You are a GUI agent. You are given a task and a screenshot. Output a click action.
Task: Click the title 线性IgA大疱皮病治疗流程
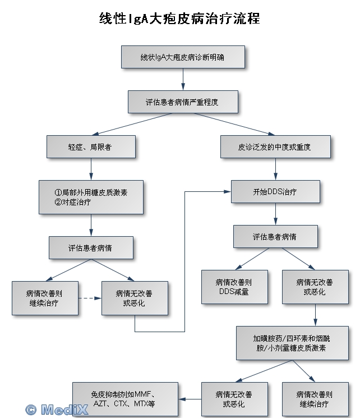(179, 19)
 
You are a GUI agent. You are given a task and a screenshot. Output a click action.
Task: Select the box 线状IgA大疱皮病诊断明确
(183, 57)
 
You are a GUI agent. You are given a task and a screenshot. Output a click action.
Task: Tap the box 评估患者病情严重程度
(183, 102)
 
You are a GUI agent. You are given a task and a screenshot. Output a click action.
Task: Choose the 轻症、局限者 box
(91, 146)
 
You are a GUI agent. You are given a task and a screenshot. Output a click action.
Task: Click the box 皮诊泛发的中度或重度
(275, 146)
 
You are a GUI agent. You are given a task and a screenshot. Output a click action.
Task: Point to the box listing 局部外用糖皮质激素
(91, 197)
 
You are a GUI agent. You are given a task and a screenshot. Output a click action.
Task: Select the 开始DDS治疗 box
(275, 191)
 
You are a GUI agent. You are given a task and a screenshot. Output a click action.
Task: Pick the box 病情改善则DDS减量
(234, 287)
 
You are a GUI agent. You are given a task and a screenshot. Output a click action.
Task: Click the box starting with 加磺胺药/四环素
(292, 343)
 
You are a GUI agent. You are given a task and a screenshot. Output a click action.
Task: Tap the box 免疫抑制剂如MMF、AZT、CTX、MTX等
(125, 399)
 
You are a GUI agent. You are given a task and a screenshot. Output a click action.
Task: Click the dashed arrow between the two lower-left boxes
(90, 298)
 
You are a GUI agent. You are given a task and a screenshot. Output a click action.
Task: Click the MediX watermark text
(64, 410)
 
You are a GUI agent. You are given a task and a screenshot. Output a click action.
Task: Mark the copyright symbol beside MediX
(31, 410)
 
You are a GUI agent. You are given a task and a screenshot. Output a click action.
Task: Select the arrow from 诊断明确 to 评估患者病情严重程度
(183, 80)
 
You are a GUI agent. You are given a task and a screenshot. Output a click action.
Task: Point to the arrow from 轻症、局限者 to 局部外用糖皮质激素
(91, 169)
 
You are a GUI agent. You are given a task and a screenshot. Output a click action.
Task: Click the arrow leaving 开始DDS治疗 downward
(275, 214)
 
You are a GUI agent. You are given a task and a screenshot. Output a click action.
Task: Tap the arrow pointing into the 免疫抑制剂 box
(190, 399)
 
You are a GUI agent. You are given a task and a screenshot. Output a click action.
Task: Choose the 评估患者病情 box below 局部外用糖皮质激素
(91, 247)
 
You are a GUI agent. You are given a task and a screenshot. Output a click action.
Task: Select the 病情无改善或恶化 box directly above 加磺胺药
(315, 287)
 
